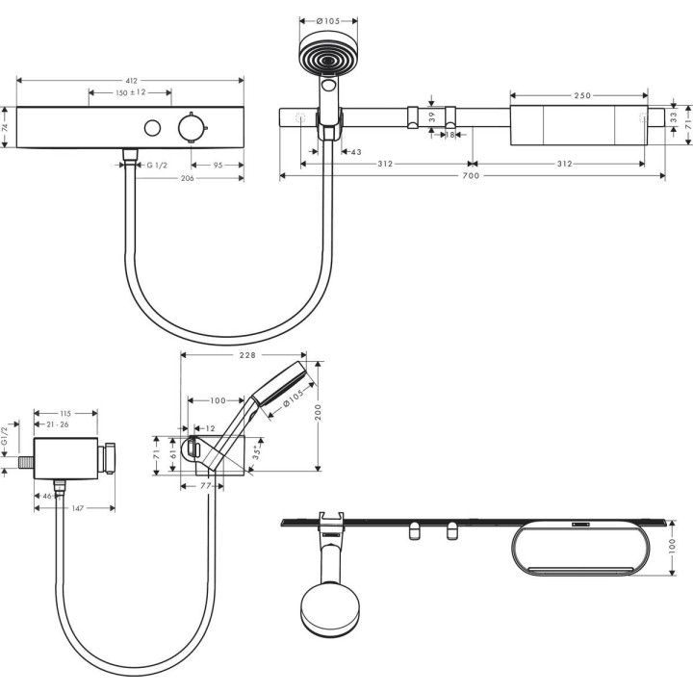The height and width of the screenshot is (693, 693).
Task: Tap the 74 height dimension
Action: pyautogui.click(x=7, y=126)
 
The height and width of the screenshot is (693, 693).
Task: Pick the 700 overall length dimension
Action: pyautogui.click(x=470, y=177)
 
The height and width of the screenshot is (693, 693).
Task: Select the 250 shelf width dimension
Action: pyautogui.click(x=583, y=95)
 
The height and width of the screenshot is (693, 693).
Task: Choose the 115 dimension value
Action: pyautogui.click(x=64, y=413)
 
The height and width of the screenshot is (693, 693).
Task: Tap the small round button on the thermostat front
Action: pyautogui.click(x=151, y=128)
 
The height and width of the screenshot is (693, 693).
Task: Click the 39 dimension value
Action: pyautogui.click(x=432, y=115)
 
